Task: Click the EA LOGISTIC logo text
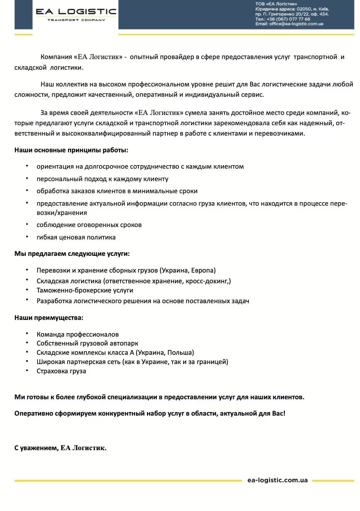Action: (x=76, y=12)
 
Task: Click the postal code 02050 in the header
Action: (x=304, y=9)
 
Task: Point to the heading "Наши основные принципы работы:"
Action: (x=71, y=150)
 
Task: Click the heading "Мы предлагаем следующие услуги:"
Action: (x=72, y=254)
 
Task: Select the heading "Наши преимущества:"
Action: (x=49, y=318)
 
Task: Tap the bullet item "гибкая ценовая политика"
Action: (x=76, y=237)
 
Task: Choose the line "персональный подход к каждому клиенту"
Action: (x=102, y=179)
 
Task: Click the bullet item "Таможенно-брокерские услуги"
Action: (x=85, y=290)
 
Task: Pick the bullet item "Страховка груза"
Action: (x=61, y=371)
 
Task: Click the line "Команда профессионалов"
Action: (x=78, y=334)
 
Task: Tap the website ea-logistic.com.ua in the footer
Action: (x=277, y=480)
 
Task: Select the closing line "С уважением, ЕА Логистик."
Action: (x=60, y=448)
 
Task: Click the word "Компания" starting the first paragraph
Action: (x=56, y=57)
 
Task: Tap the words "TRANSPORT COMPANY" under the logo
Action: (x=76, y=20)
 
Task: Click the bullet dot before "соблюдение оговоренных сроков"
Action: (x=27, y=224)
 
